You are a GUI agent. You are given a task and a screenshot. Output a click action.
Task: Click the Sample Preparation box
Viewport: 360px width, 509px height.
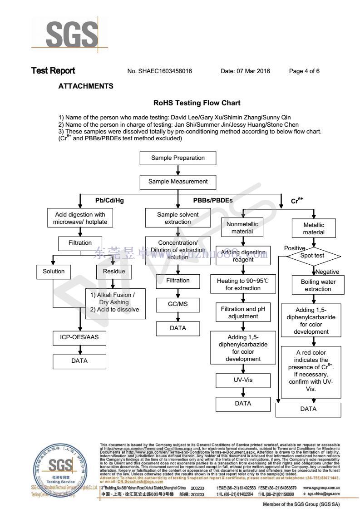pyautogui.click(x=178, y=158)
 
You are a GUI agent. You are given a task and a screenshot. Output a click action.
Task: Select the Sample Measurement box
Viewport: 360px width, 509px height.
pyautogui.click(x=178, y=182)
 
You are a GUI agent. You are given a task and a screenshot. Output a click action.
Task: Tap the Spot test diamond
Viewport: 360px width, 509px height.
pyautogui.click(x=313, y=256)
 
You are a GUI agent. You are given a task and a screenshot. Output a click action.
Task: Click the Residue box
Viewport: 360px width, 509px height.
pyautogui.click(x=111, y=272)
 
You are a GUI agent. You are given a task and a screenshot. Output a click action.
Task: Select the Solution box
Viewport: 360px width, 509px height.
pyautogui.click(x=54, y=272)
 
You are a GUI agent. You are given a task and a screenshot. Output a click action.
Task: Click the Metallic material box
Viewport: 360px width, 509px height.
pyautogui.click(x=314, y=228)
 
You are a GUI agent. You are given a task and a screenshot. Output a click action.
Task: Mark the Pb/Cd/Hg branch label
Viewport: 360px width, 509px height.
pyautogui.click(x=109, y=200)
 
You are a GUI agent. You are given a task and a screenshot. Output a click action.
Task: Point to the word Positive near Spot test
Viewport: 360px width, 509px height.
pyautogui.click(x=295, y=248)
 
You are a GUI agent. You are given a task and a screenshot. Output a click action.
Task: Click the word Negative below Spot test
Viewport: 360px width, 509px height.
pyautogui.click(x=327, y=272)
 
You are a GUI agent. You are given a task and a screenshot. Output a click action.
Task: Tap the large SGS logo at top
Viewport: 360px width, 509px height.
pyautogui.click(x=72, y=33)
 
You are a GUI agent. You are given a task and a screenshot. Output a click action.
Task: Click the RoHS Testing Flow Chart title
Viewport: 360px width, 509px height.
pyautogui.click(x=197, y=103)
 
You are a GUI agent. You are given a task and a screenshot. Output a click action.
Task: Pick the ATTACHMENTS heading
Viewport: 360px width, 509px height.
pyautogui.click(x=86, y=86)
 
